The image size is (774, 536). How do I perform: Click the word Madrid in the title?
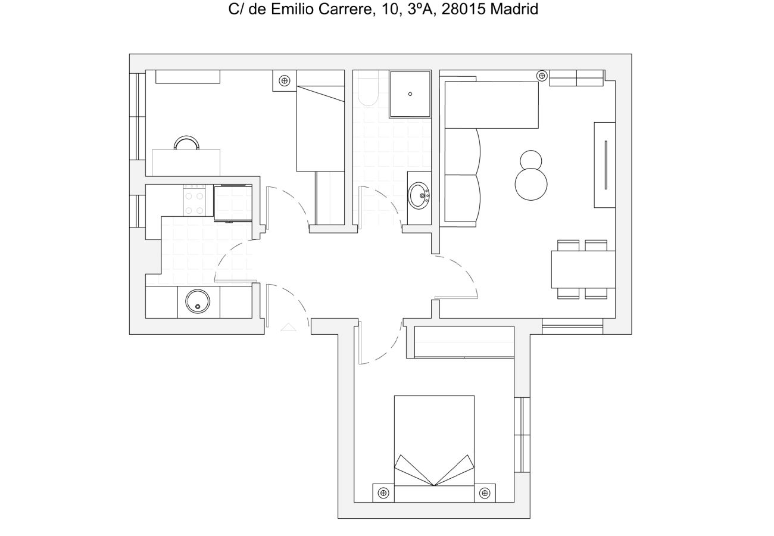(x=514, y=9)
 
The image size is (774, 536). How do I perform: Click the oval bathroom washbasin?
(x=419, y=195)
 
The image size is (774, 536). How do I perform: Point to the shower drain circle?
(x=410, y=94)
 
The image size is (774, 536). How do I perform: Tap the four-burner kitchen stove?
(x=194, y=200)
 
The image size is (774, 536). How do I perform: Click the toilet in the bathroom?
(x=368, y=88)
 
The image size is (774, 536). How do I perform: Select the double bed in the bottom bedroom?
(x=434, y=448)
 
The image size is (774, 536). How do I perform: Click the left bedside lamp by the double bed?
(x=383, y=493)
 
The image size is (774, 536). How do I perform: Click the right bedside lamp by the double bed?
(x=485, y=493)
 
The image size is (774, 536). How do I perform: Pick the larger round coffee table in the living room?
(x=530, y=184)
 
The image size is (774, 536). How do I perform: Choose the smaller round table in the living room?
(x=530, y=161)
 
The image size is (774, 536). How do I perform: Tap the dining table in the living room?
(x=583, y=269)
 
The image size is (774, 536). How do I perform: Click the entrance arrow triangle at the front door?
(x=288, y=327)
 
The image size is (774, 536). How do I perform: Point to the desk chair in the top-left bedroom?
(x=186, y=142)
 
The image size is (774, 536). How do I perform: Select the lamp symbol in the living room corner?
(x=541, y=76)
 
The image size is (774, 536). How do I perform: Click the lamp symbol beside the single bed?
(x=285, y=81)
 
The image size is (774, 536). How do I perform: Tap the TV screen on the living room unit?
(x=606, y=165)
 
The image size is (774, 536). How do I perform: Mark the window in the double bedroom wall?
(x=522, y=435)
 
